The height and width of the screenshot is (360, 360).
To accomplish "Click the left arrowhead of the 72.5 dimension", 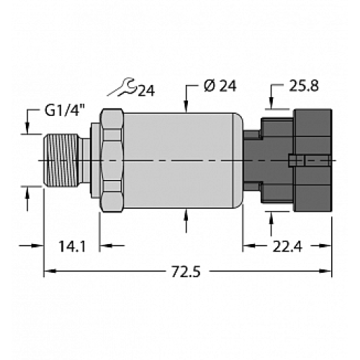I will (50, 272).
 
